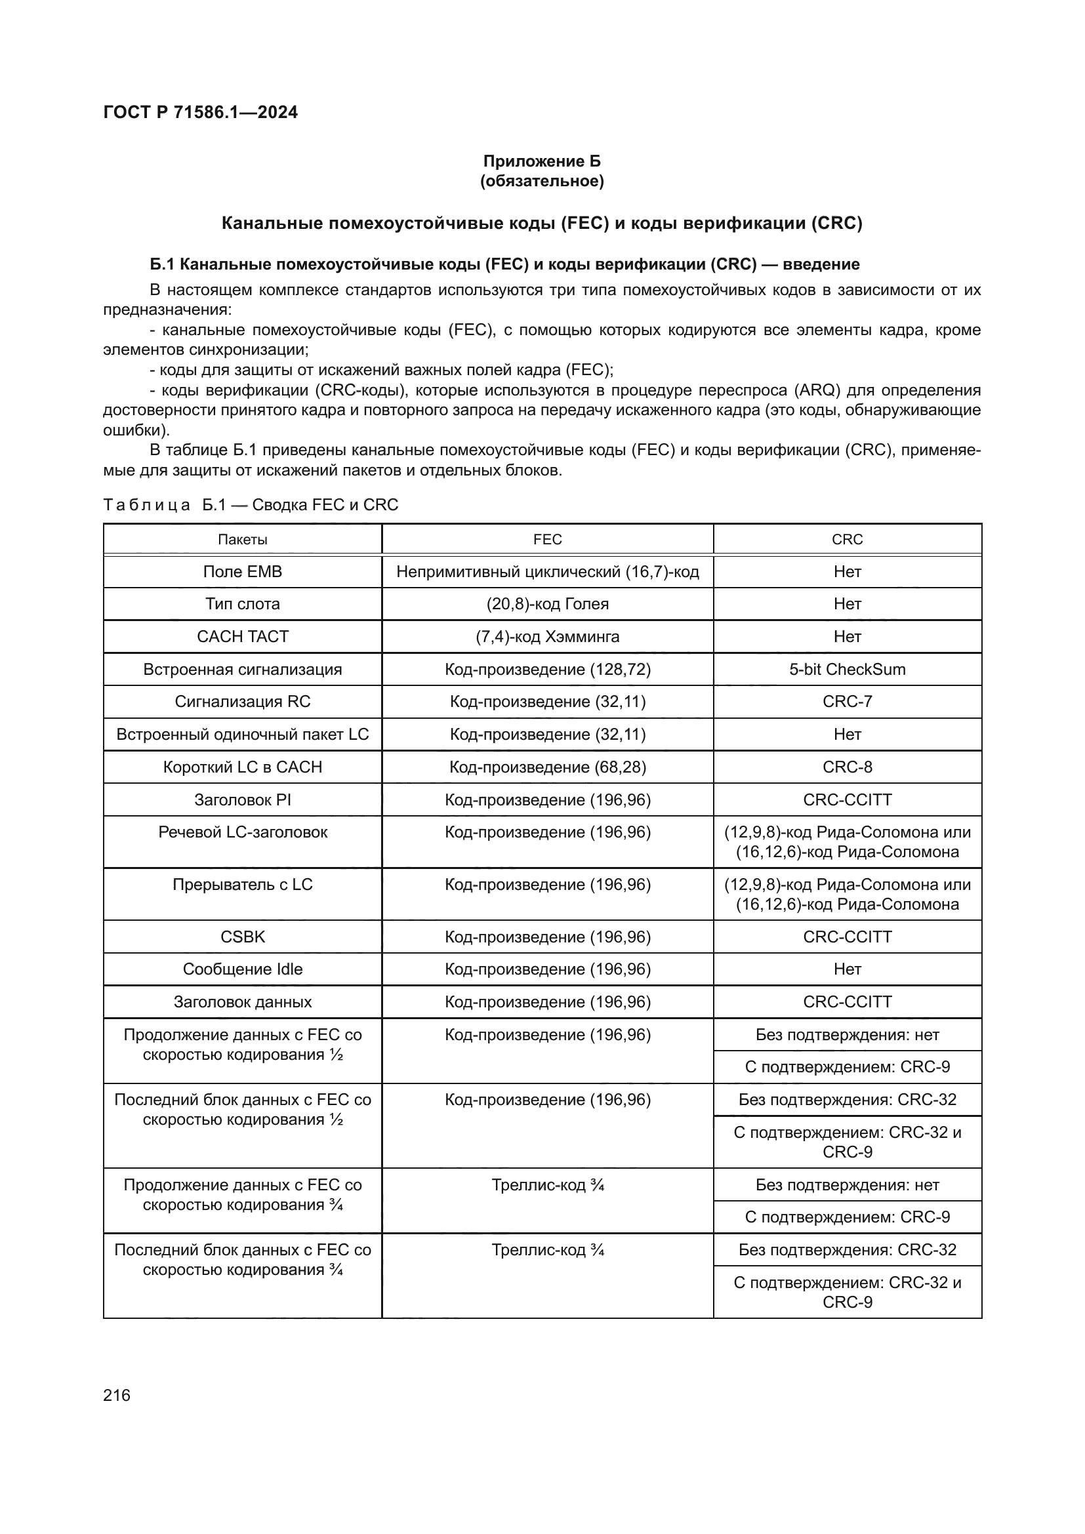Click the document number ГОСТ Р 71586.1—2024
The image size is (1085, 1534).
click(x=201, y=112)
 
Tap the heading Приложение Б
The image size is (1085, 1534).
click(x=542, y=161)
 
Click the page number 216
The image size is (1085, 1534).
click(x=117, y=1395)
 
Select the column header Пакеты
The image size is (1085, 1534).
click(x=243, y=539)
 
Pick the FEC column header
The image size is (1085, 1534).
click(x=547, y=539)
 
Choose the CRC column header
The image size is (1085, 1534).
click(x=847, y=539)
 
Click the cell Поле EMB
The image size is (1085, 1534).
click(x=243, y=572)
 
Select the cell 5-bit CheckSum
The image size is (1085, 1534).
click(x=847, y=670)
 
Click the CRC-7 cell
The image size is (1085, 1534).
click(x=847, y=702)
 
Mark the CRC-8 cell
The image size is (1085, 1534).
click(x=847, y=767)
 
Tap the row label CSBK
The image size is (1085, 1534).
click(x=243, y=937)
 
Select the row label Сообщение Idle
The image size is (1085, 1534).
click(x=243, y=969)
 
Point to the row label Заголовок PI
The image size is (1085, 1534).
click(x=243, y=799)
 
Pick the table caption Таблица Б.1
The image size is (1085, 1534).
click(x=251, y=505)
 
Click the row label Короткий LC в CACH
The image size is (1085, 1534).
click(x=243, y=767)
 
